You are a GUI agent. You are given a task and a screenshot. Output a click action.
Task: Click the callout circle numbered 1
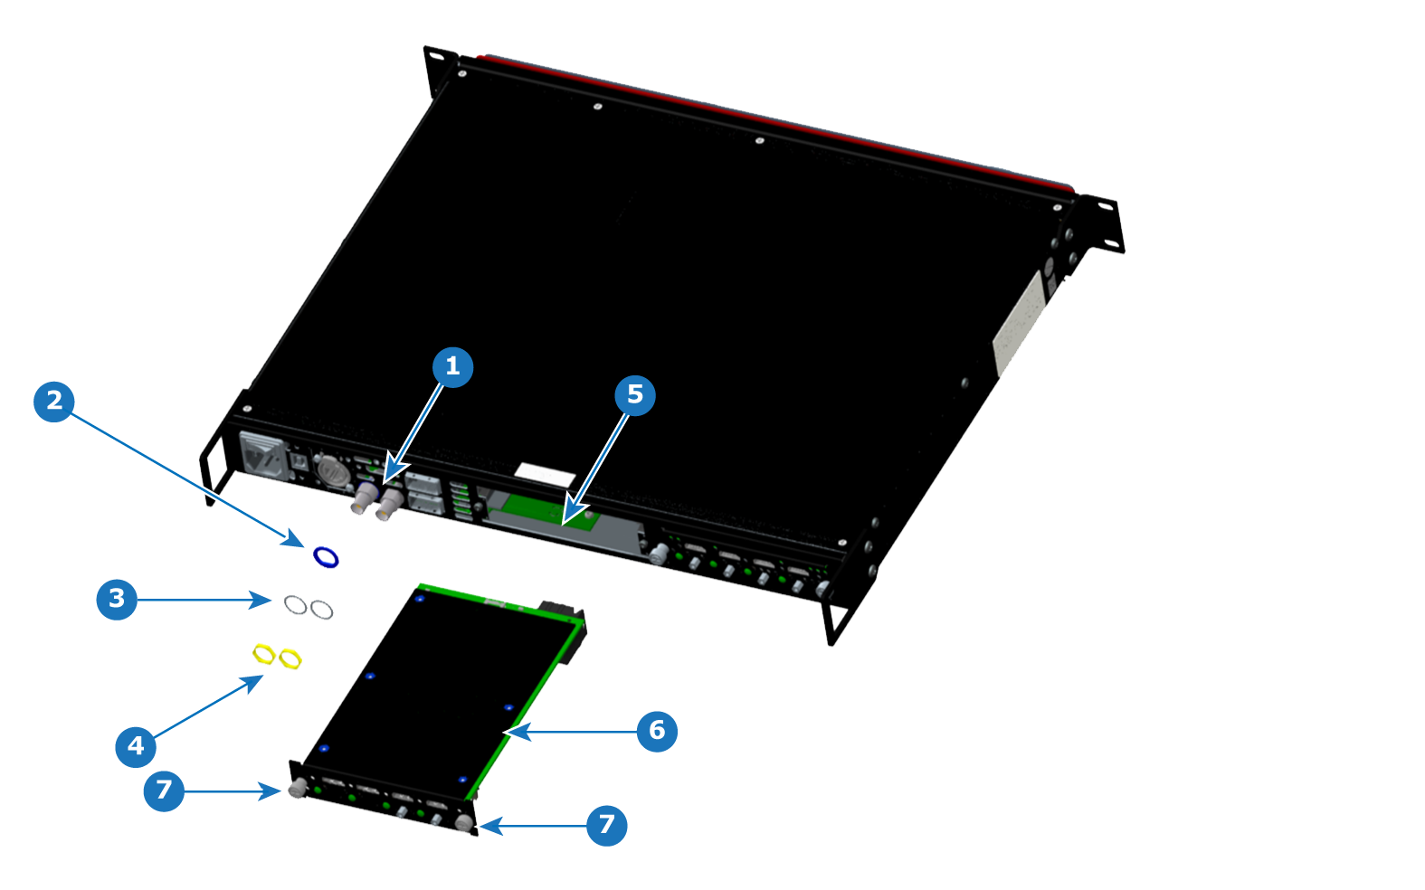[x=452, y=367]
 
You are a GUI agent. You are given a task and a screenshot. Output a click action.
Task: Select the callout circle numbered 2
[x=54, y=402]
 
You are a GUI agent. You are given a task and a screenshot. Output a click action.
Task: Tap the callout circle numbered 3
[x=117, y=600]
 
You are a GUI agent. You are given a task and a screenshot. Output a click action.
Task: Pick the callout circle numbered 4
[x=136, y=746]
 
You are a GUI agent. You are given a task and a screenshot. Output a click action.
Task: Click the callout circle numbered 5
[x=635, y=395]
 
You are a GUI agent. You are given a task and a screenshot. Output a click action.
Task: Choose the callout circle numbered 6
[x=657, y=731]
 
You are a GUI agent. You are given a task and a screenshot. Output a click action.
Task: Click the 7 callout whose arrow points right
[x=164, y=791]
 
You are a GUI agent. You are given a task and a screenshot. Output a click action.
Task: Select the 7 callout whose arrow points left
[x=606, y=826]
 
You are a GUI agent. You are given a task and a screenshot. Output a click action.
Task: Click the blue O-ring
[x=326, y=556]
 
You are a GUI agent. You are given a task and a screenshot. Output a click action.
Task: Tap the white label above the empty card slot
[x=546, y=475]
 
